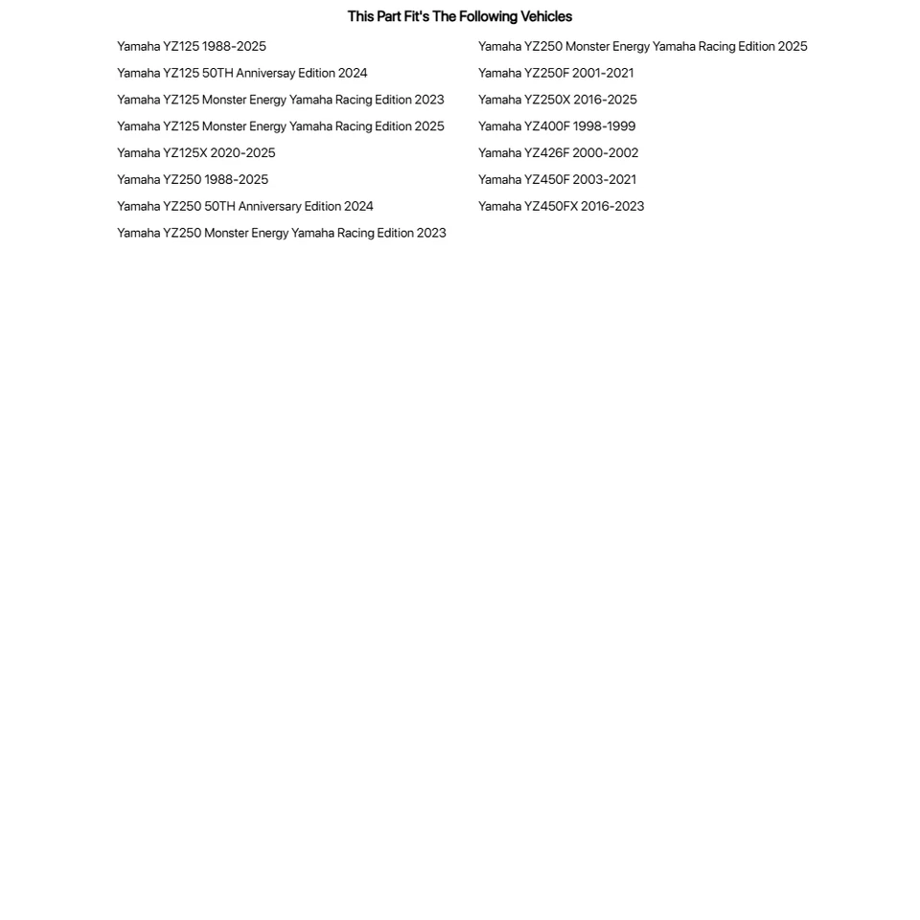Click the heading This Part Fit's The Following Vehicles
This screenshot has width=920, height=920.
coord(459,16)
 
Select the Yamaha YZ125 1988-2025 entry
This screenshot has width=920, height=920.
coord(192,46)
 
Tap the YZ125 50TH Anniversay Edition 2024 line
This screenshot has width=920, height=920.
coord(241,73)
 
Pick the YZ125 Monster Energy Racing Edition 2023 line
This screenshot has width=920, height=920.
coord(280,100)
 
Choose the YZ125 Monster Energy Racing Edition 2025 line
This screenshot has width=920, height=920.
coord(280,126)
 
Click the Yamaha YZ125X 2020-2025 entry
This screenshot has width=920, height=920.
coord(195,153)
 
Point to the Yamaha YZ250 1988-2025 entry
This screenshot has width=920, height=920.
coord(193,180)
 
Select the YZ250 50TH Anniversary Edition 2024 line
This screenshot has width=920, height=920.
coord(244,207)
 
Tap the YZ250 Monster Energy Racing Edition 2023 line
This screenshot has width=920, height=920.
coord(281,233)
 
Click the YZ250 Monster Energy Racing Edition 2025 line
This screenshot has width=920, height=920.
coord(642,46)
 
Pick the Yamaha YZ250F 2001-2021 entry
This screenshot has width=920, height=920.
coord(556,73)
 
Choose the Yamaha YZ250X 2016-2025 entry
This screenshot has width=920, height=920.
coord(557,100)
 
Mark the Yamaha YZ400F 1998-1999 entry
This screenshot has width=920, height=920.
coord(556,126)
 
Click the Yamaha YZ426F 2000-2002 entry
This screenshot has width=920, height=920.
coord(558,153)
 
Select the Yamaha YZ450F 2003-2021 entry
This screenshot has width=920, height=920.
coord(557,180)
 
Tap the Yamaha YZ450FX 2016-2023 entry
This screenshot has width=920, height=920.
coord(561,207)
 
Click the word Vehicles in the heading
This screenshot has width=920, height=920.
coord(545,16)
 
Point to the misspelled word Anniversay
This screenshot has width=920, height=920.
coord(265,73)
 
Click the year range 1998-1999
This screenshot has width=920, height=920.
coord(604,126)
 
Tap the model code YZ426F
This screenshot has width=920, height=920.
coord(546,153)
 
